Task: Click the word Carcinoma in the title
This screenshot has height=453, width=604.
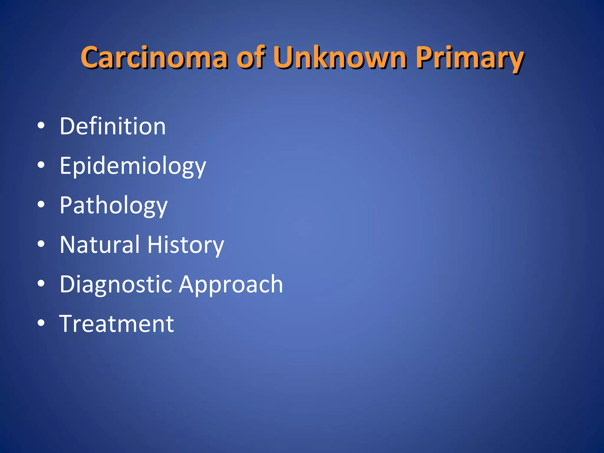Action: [x=154, y=58]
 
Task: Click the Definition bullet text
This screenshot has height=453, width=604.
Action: [x=113, y=126]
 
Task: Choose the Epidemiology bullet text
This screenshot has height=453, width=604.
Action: [x=133, y=166]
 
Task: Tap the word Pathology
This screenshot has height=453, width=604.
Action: [x=114, y=206]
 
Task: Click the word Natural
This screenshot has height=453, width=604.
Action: [x=99, y=244]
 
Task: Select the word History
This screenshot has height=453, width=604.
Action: [x=186, y=245]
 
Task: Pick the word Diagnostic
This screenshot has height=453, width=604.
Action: [x=116, y=284]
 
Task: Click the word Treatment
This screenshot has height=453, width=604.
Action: [x=117, y=324]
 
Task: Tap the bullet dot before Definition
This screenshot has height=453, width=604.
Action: [x=41, y=126]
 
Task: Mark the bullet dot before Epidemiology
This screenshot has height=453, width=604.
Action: [x=41, y=165]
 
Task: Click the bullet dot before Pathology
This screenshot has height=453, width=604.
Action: [x=41, y=205]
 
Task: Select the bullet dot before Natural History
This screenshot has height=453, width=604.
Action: [x=41, y=244]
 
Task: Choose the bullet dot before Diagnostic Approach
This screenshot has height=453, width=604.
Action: [x=41, y=284]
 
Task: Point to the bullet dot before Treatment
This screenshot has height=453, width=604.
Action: [x=41, y=323]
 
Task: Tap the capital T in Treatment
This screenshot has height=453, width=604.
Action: [x=68, y=324]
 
